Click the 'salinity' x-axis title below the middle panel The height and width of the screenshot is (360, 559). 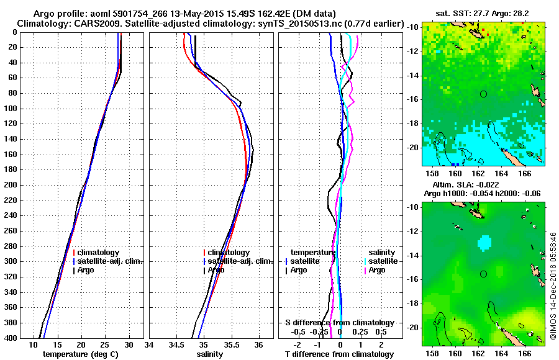tap(211, 354)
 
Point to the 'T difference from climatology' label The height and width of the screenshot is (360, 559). tap(339, 354)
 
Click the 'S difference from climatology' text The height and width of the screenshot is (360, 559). tap(339, 323)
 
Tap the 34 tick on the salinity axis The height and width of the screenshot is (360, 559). tap(150, 344)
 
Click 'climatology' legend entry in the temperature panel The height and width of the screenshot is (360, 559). tap(98, 253)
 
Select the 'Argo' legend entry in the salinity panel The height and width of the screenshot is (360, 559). tap(216, 270)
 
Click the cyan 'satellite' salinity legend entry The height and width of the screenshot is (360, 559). tap(382, 261)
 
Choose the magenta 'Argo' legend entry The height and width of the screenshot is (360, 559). tap(377, 270)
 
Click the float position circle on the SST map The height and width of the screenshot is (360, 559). tap(483, 94)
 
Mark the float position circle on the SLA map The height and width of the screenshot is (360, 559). tap(483, 274)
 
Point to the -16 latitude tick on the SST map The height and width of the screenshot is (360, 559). tap(413, 99)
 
